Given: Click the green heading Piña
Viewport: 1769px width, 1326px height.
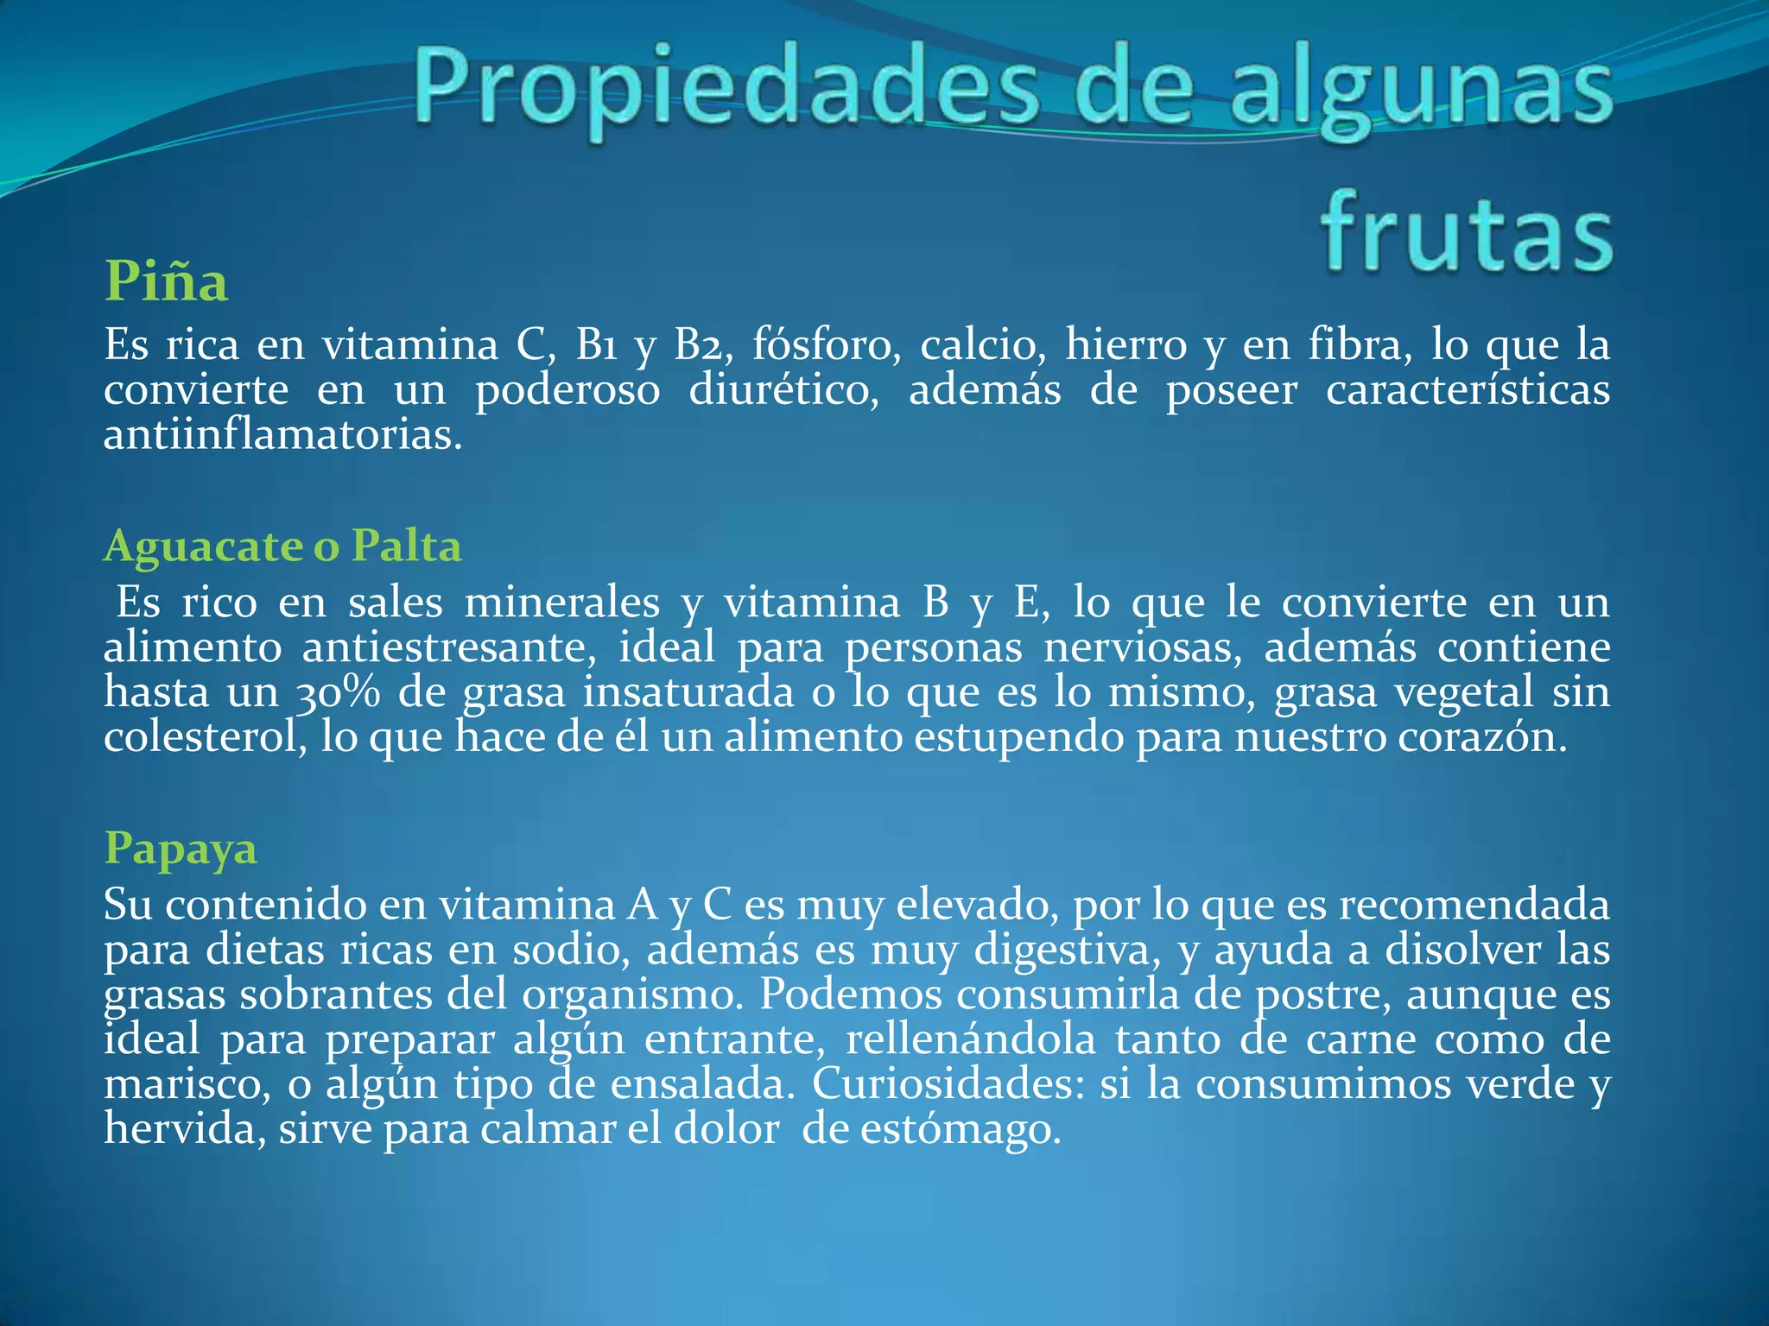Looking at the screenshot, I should click(166, 281).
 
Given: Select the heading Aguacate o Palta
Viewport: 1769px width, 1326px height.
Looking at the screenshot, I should click(282, 546).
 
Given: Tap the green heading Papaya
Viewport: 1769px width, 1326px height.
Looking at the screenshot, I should click(181, 848).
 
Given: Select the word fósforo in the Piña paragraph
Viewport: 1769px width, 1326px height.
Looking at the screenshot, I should click(827, 345).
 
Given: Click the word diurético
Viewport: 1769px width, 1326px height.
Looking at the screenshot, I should click(783, 390).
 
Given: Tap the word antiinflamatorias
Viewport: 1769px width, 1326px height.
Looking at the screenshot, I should click(282, 435).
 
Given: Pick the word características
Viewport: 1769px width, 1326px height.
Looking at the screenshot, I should click(1468, 390).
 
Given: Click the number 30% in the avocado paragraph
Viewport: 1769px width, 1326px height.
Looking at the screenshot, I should click(329, 693).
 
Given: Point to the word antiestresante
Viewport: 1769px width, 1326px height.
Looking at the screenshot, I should click(449, 647).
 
